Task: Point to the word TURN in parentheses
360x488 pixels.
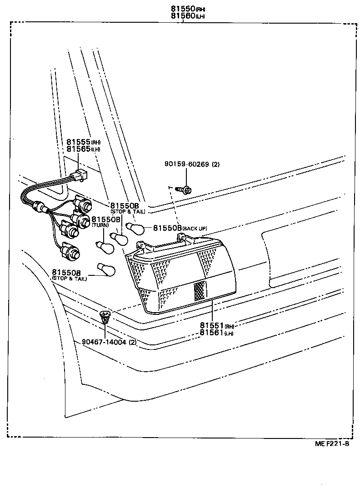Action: pos(100,226)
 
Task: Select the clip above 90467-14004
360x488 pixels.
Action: pos(105,315)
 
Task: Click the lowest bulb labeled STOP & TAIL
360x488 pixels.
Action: pos(106,269)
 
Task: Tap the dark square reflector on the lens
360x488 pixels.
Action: pos(200,290)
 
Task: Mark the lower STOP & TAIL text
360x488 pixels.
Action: pos(69,278)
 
